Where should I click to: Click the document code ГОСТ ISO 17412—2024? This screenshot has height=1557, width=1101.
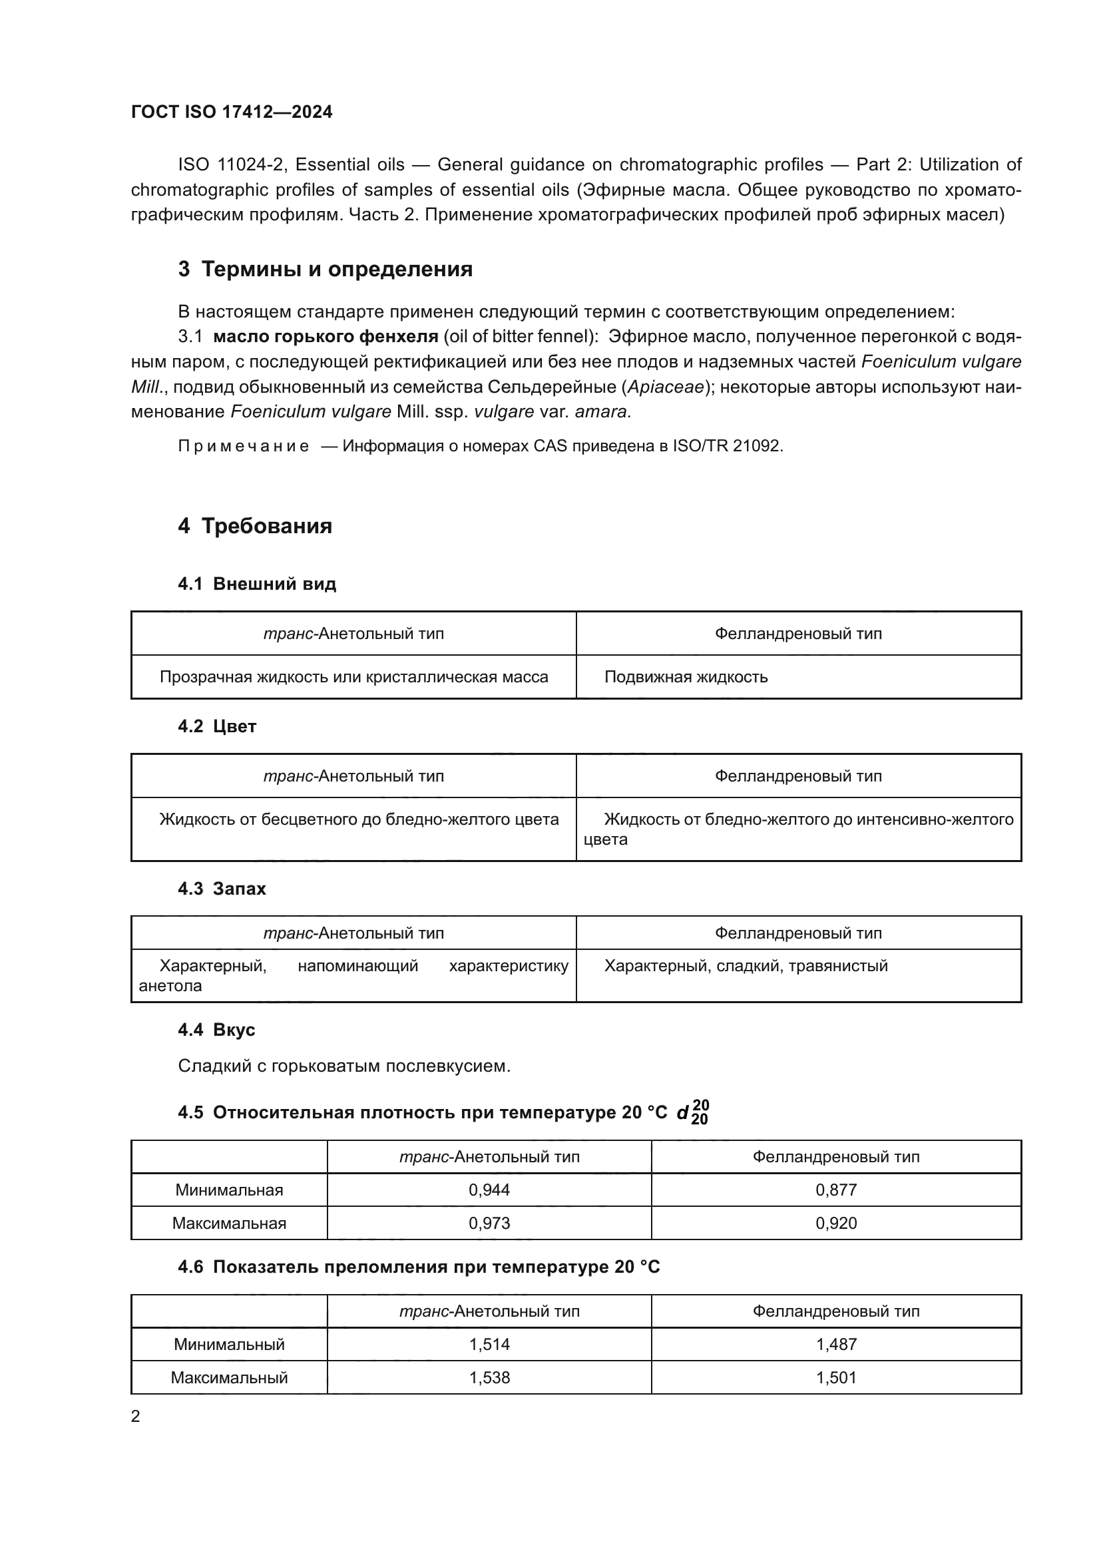pos(231,112)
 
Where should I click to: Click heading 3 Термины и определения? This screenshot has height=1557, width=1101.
pos(325,269)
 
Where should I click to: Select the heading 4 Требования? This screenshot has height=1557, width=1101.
pos(255,526)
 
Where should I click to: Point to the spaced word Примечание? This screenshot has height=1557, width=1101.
pos(244,446)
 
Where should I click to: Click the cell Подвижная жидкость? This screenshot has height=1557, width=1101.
pos(686,677)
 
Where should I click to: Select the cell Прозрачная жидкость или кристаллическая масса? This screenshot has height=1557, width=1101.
pos(353,677)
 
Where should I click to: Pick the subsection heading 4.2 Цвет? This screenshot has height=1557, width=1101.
pos(217,726)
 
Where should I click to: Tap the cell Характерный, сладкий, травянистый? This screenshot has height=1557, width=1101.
pos(746,966)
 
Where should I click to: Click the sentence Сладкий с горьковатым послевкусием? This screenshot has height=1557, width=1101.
pos(343,1066)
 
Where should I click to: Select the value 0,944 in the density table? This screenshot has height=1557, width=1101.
pos(489,1190)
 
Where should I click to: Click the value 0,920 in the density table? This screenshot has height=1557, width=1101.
pos(836,1223)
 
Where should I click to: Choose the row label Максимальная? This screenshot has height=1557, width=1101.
pos(229,1223)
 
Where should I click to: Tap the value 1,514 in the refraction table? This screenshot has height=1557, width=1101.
pos(489,1344)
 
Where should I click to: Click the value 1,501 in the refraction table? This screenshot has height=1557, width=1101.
pos(836,1377)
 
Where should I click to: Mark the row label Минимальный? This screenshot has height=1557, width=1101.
pos(229,1344)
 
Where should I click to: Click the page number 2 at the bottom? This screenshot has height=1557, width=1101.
pos(136,1417)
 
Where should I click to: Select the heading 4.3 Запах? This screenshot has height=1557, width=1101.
pos(222,889)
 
